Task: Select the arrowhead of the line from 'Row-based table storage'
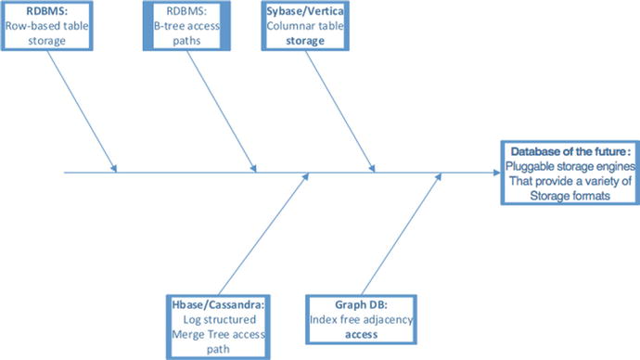coord(114,167)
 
